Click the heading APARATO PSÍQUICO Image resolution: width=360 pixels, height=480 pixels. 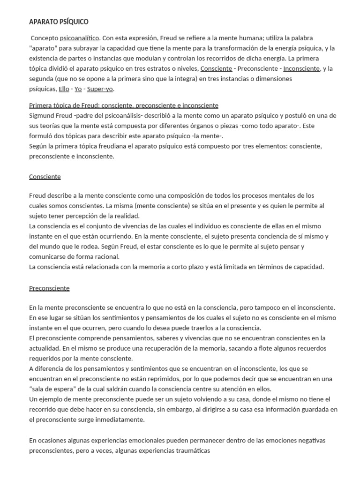59,22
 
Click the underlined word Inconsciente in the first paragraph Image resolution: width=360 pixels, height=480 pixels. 301,68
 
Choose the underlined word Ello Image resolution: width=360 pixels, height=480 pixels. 64,89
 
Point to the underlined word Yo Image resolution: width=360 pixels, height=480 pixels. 78,89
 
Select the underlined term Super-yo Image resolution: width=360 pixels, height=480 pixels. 100,89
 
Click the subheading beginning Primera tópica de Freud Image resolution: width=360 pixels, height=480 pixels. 124,105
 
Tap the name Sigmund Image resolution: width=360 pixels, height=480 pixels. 42,116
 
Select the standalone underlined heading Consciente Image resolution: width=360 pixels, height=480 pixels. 45,177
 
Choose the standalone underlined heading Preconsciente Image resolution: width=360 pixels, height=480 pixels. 49,288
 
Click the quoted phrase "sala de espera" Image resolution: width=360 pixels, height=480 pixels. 52,389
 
